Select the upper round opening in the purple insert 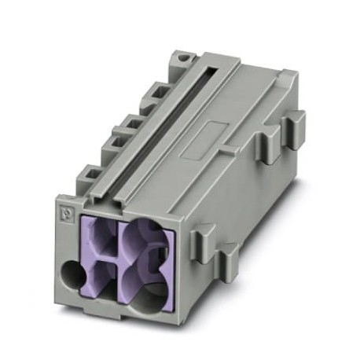142,240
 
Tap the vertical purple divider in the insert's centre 118,259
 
